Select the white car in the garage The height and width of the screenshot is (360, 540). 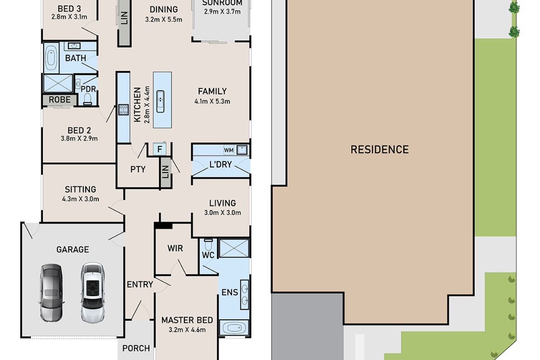point(93,293)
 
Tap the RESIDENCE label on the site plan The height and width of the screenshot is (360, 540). point(379,149)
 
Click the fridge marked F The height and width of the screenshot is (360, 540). point(159,149)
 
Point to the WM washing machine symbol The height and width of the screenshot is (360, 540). point(229,150)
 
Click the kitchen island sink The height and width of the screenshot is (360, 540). point(160,101)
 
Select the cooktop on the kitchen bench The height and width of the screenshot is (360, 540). point(123,110)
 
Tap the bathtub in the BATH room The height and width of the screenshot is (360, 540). point(51,58)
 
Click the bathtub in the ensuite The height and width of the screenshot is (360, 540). point(234,328)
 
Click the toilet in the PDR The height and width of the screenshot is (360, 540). point(87,99)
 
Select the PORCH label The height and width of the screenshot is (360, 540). point(136,348)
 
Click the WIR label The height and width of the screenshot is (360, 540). point(175,248)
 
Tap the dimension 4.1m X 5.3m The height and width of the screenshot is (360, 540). point(212,101)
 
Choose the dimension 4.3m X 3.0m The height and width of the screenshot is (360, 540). point(80,199)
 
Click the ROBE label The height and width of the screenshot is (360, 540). point(59,100)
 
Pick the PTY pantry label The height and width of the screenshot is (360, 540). point(138,169)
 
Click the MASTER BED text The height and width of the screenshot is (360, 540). point(187,320)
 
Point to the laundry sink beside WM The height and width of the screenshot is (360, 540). point(242,150)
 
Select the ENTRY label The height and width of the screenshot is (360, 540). point(140,284)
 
